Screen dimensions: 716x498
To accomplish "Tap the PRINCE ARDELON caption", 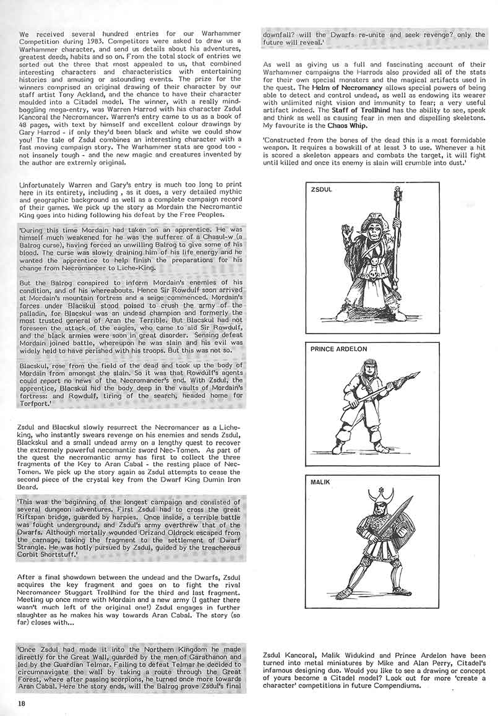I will pyautogui.click(x=338, y=349).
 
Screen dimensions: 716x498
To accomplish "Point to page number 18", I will pyautogui.click(x=22, y=702).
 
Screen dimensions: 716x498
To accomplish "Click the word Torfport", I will pyautogui.click(x=35, y=403).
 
